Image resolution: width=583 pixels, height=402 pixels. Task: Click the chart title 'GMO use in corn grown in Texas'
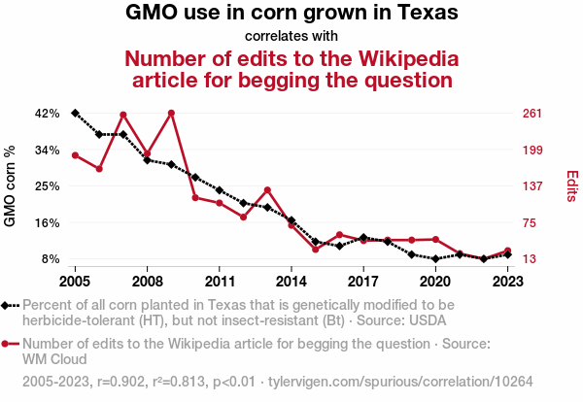coord(291,15)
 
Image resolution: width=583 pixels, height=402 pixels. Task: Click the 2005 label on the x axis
coord(75,282)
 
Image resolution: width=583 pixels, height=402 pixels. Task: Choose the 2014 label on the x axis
coord(291,282)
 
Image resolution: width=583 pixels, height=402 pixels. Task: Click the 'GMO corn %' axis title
coord(12,186)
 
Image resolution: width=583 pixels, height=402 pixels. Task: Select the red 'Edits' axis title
coord(573,186)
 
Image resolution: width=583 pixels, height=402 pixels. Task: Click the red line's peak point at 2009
coord(171,113)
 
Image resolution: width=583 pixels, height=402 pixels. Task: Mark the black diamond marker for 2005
coord(75,114)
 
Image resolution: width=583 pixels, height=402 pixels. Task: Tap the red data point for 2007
coord(123,115)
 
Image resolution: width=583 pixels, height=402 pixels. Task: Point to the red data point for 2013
coord(267,189)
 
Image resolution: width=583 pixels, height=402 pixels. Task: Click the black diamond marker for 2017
coord(363,237)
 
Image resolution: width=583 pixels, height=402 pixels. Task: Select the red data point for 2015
coord(315,250)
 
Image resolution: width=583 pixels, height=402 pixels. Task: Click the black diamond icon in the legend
coord(7,305)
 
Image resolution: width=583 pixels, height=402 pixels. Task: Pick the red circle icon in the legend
coord(7,344)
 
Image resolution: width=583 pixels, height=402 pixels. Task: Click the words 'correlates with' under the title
coord(291,36)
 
